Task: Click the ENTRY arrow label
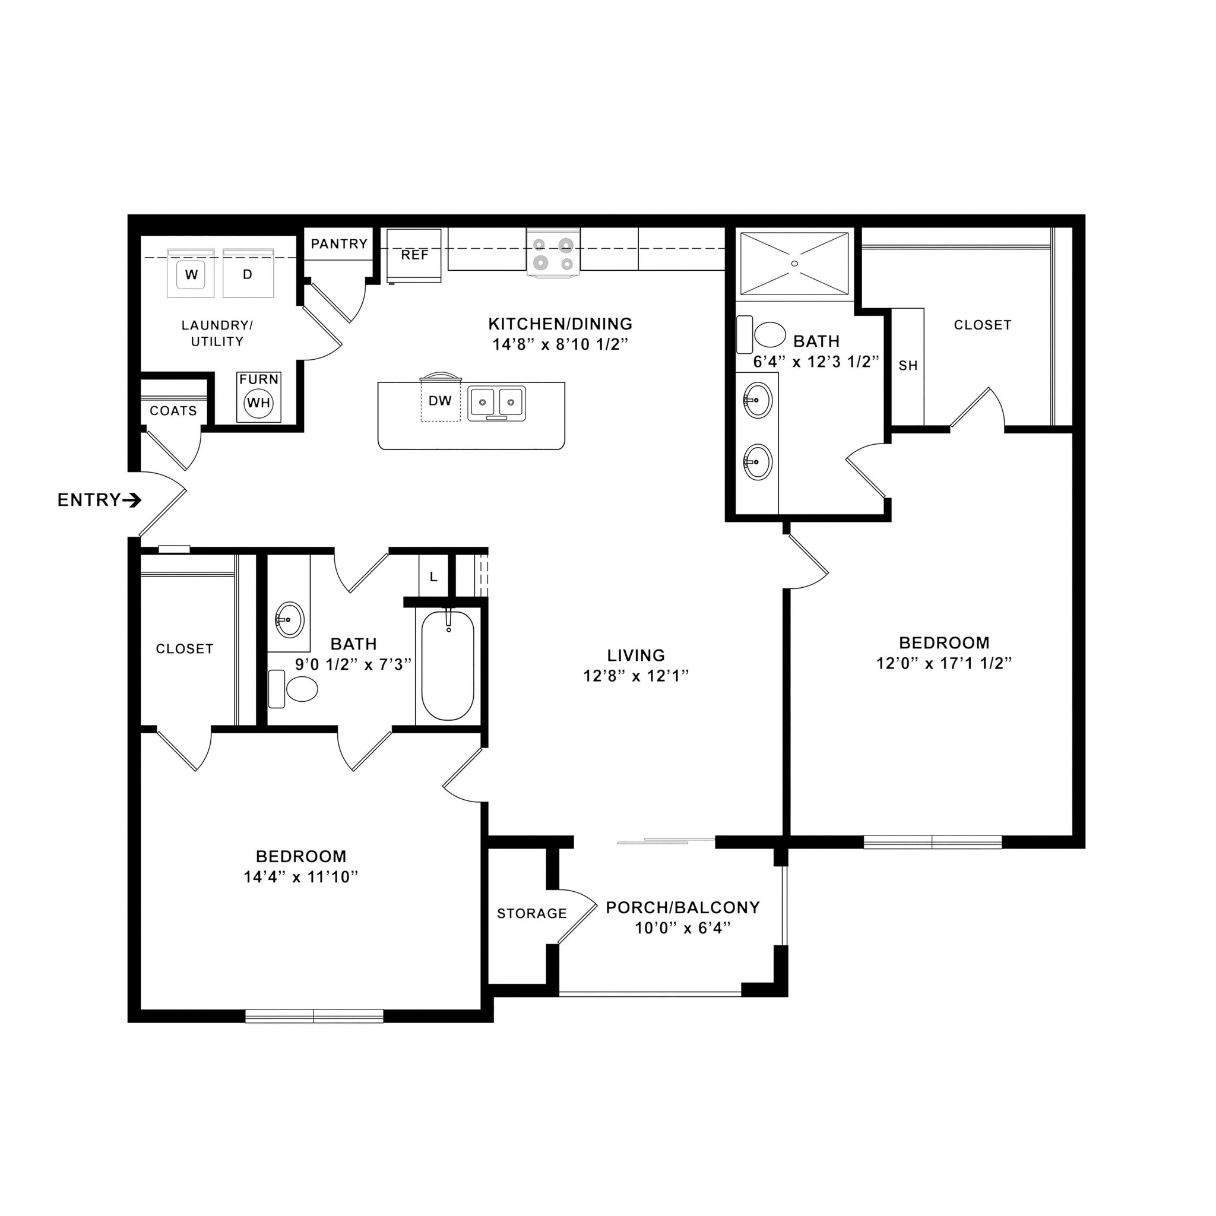(99, 501)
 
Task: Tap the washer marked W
(191, 274)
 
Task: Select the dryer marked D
(248, 274)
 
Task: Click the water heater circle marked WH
(259, 403)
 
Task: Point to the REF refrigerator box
(414, 255)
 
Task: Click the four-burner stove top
(553, 253)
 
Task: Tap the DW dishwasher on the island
(440, 401)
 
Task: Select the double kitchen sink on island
(496, 401)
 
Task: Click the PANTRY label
(339, 243)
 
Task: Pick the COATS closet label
(173, 411)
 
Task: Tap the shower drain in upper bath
(794, 263)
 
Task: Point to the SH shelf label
(908, 366)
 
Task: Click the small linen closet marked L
(433, 577)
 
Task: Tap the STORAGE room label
(532, 913)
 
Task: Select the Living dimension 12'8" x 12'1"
(636, 676)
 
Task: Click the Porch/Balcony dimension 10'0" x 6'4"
(683, 928)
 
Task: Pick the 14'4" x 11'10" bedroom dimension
(301, 877)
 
